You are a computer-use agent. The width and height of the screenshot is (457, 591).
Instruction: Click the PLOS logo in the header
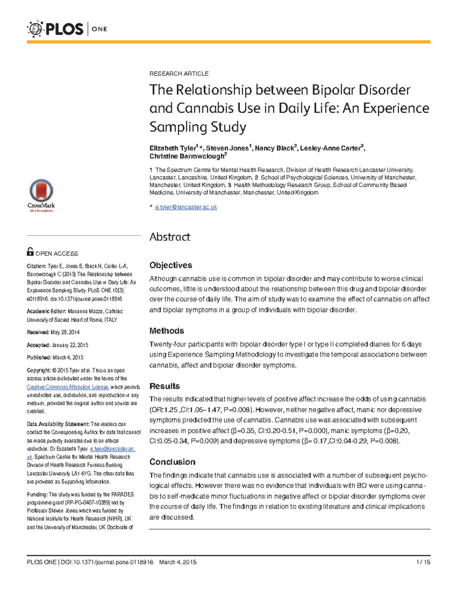point(56,29)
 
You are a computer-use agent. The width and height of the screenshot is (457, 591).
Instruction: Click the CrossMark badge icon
point(41,192)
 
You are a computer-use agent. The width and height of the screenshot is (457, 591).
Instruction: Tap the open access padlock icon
point(30,252)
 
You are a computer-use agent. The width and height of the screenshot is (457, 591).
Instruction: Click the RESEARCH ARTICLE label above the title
point(179,74)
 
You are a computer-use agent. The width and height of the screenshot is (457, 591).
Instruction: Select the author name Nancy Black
point(274,148)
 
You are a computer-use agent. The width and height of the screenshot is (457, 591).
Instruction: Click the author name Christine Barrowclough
point(187,156)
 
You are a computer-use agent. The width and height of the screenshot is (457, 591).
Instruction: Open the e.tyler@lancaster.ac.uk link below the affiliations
point(186,207)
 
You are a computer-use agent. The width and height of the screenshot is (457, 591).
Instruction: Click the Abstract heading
point(170,237)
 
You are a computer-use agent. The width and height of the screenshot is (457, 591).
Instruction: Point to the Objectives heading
point(171,265)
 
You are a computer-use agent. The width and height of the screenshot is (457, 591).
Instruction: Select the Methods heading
point(166,331)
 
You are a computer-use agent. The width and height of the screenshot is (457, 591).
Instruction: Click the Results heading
point(165,386)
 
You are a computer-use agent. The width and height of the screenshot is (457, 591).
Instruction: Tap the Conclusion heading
point(172,462)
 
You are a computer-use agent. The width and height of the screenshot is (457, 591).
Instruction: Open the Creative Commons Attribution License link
point(67,387)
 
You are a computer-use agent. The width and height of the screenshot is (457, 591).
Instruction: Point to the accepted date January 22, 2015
point(69,345)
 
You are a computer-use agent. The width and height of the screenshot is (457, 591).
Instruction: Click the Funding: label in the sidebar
point(37,494)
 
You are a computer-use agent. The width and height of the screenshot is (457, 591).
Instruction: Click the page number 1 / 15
point(423,562)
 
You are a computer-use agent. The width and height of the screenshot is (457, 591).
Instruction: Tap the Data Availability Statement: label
point(58,424)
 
